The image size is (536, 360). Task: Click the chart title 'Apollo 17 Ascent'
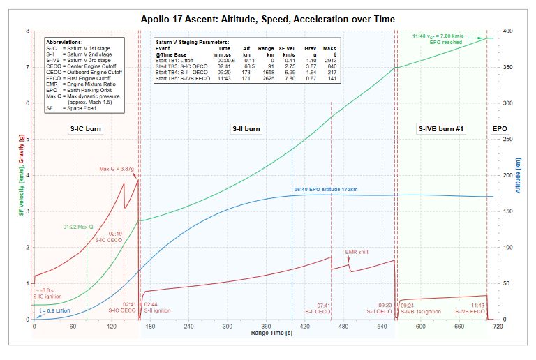coord(267,19)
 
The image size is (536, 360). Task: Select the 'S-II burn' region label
coord(246,129)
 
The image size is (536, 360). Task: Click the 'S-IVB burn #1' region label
coord(441,129)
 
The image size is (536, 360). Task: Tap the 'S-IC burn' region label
coord(84,129)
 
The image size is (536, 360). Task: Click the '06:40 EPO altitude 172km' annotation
coord(325,190)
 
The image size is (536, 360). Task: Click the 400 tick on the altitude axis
coord(509,31)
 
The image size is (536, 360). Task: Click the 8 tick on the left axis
coord(27,31)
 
